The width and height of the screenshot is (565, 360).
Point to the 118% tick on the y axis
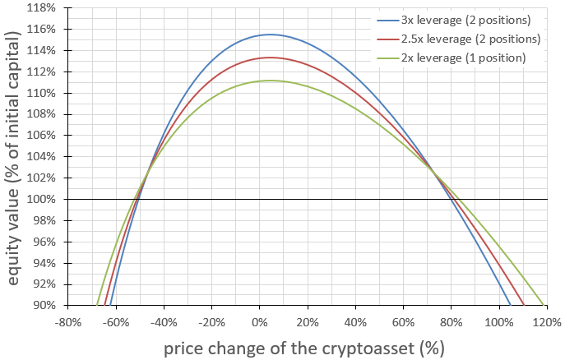[x=42, y=8]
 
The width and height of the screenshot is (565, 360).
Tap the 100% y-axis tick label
[x=42, y=200]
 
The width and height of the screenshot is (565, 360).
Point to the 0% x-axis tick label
[x=260, y=322]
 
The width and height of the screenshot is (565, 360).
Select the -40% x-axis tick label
[x=164, y=322]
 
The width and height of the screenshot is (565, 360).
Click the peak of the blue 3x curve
[x=270, y=35]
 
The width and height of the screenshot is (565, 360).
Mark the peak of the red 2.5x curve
[x=270, y=58]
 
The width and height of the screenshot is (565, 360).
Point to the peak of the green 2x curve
[x=270, y=81]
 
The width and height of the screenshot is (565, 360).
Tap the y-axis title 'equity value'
[x=14, y=156]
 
